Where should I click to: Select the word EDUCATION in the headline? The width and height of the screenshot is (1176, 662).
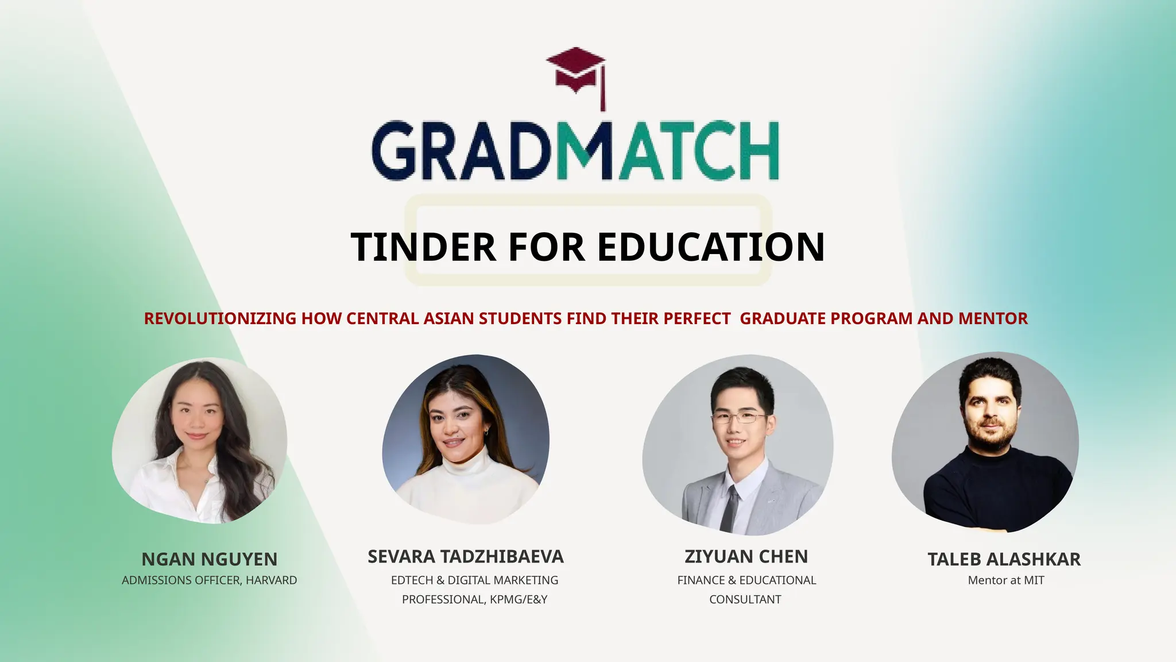(711, 247)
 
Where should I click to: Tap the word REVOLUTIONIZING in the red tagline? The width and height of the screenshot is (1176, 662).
(220, 318)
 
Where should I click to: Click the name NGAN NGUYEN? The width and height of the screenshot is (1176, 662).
(209, 559)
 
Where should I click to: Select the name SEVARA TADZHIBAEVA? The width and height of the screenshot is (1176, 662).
(465, 557)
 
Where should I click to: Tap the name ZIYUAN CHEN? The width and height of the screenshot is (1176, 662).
(746, 557)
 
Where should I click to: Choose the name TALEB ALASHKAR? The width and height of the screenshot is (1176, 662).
(1004, 559)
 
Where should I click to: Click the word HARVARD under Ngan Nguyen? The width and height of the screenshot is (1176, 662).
(271, 580)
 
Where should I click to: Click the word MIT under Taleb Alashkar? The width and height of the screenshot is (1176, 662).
(1034, 580)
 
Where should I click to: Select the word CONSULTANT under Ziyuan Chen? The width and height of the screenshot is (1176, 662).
(745, 599)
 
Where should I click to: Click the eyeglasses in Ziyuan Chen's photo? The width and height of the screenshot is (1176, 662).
(739, 418)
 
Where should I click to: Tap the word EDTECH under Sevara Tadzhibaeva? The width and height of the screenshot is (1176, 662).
(412, 580)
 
